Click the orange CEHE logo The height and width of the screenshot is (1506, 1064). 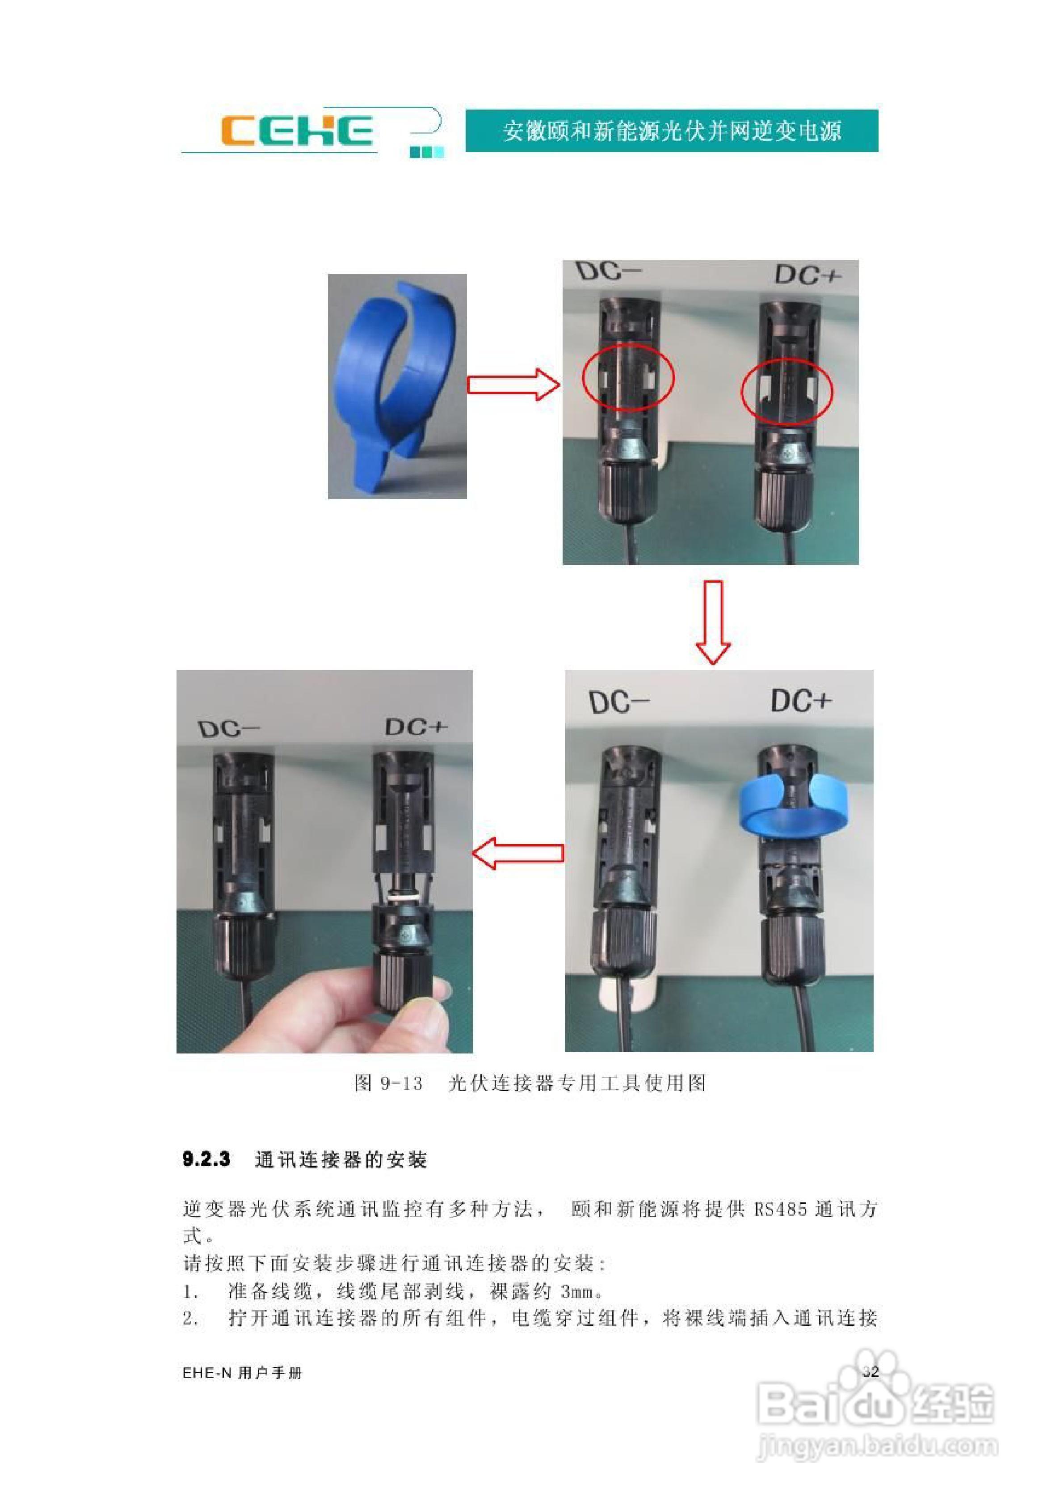pos(296,131)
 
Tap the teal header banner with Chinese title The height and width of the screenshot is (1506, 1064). pos(671,131)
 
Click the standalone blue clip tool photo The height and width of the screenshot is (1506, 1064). pos(397,386)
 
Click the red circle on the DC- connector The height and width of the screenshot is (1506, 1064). pos(628,376)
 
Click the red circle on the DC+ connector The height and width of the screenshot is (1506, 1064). pos(786,391)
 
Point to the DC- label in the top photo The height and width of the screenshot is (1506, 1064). pos(608,271)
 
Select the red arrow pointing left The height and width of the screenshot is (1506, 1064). pos(518,853)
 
